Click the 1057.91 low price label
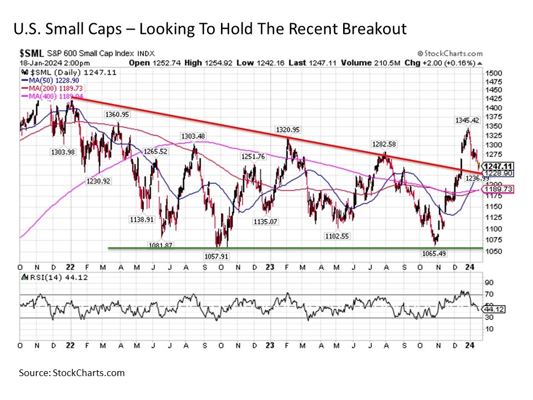214,256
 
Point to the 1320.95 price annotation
288,130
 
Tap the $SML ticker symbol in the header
31,53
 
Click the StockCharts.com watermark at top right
451,53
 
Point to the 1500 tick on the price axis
493,73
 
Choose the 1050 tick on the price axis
493,251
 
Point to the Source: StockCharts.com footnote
72,373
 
